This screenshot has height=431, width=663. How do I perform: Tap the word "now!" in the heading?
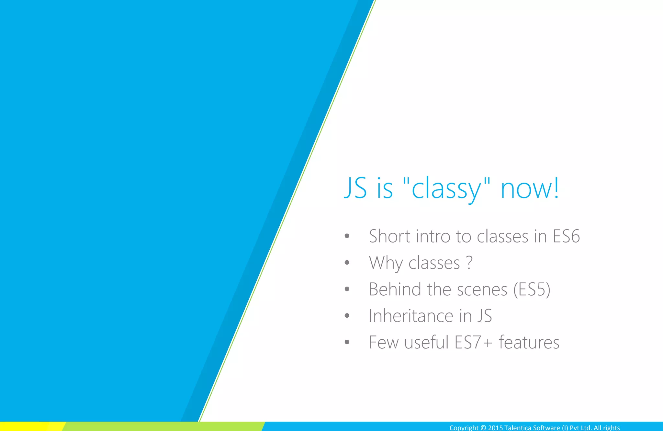click(530, 188)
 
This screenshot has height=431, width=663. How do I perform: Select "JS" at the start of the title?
click(355, 188)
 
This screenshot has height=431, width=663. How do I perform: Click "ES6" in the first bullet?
click(566, 236)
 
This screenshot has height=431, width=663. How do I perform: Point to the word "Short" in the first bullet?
click(390, 236)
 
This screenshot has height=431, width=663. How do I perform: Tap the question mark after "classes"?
click(469, 263)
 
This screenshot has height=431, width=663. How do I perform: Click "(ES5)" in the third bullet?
click(532, 289)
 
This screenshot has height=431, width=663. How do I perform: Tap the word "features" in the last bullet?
click(529, 342)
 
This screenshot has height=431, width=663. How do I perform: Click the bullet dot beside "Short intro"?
click(347, 236)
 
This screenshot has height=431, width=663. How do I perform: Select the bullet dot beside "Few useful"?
click(347, 342)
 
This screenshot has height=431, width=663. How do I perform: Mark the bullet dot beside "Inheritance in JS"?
click(347, 316)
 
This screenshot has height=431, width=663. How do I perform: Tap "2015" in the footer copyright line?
click(495, 428)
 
